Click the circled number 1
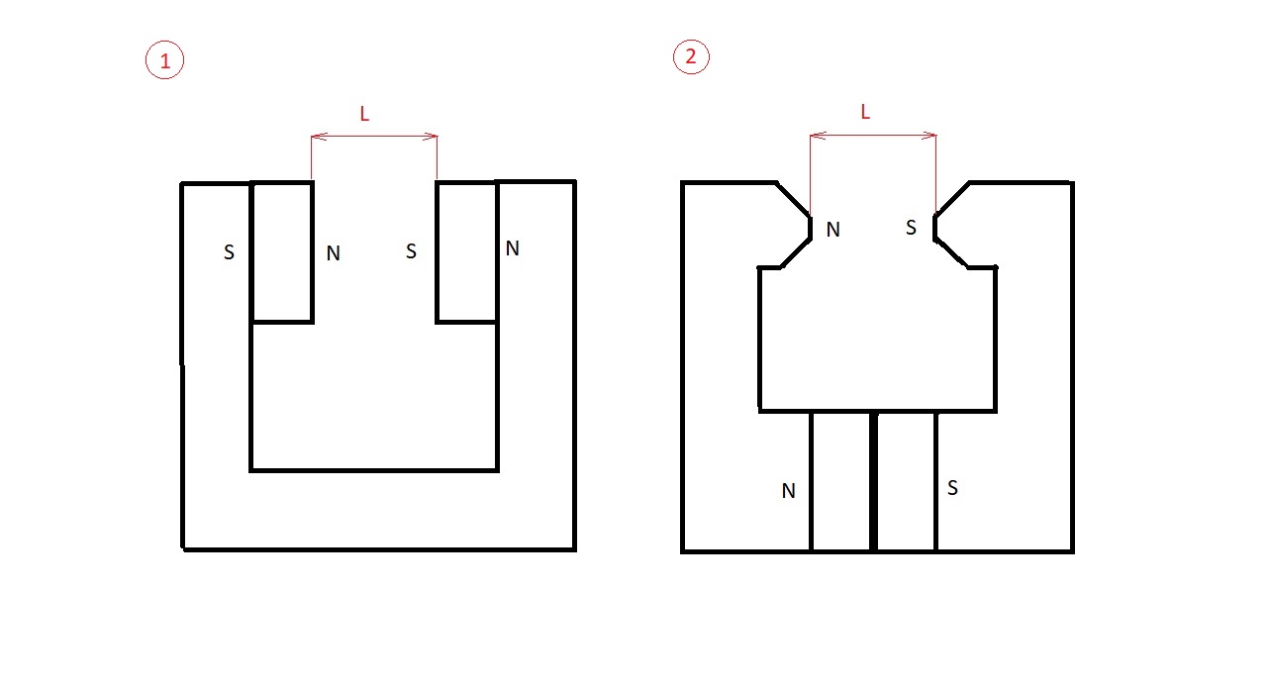click(164, 59)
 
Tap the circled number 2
click(691, 56)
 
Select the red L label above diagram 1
click(364, 114)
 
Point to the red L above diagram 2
click(865, 112)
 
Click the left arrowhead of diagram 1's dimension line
click(319, 137)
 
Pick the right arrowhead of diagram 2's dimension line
click(929, 135)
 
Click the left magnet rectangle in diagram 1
click(282, 252)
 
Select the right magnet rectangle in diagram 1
click(467, 252)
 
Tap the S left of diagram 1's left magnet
click(229, 252)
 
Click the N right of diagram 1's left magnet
click(333, 253)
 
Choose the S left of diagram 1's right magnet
click(411, 250)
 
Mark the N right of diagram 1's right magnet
click(513, 248)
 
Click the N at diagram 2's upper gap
click(832, 230)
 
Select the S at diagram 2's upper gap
click(911, 228)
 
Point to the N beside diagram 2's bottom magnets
click(788, 491)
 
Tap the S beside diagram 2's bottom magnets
click(952, 488)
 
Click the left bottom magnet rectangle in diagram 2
click(841, 481)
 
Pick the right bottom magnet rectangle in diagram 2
click(906, 481)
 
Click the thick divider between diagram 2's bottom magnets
click(874, 481)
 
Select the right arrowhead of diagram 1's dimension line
click(430, 137)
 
